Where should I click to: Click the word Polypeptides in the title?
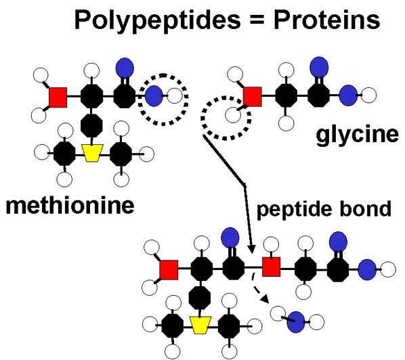[158, 22]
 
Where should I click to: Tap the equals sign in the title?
[257, 20]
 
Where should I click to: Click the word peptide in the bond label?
[294, 209]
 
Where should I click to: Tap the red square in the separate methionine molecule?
[58, 97]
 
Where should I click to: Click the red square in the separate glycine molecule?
[253, 97]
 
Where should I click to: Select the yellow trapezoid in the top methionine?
[92, 153]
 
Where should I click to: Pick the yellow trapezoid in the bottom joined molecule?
[200, 325]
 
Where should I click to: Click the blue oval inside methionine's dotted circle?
[154, 95]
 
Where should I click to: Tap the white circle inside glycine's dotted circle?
[233, 114]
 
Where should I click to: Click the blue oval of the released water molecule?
[296, 322]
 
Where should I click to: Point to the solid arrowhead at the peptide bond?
[251, 249]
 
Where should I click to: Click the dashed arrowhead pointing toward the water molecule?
[265, 299]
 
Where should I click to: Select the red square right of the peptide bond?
[272, 267]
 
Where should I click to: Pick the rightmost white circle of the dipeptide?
[388, 269]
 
